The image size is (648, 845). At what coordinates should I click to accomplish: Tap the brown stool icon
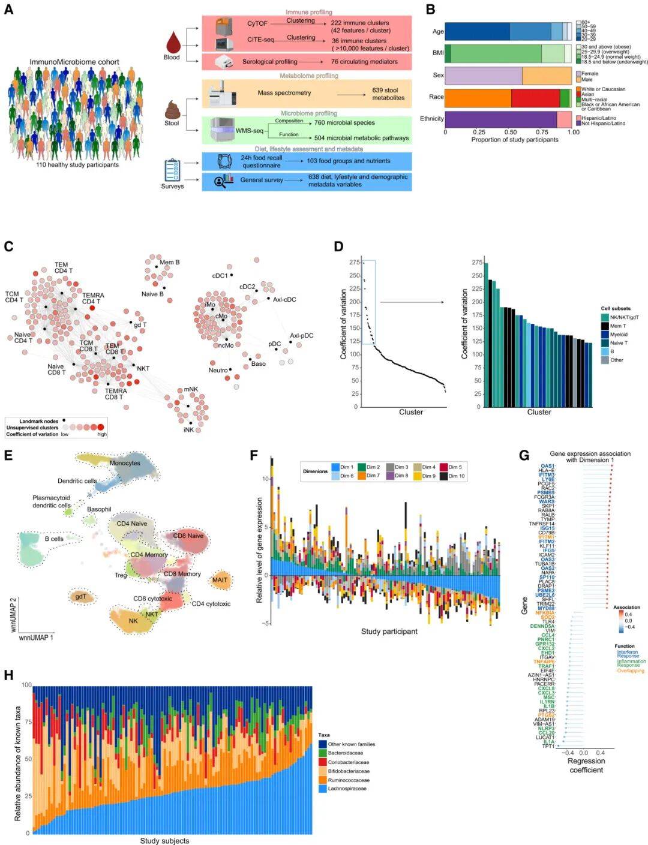(x=172, y=109)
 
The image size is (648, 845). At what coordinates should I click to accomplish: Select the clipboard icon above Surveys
(x=172, y=170)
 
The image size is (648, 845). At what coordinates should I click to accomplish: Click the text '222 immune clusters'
(x=360, y=23)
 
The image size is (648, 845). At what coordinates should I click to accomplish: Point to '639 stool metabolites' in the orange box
(x=388, y=94)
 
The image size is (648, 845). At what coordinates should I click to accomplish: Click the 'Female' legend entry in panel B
(x=590, y=74)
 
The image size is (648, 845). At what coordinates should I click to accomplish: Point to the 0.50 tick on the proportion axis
(x=510, y=132)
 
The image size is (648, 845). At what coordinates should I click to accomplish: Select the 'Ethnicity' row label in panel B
(x=431, y=119)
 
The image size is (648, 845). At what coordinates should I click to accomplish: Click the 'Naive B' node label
(x=152, y=294)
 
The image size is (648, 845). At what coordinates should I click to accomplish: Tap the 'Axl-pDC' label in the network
(x=302, y=336)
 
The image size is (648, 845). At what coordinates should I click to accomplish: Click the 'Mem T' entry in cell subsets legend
(x=618, y=326)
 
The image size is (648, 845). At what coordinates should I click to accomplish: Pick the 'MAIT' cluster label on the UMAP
(x=220, y=580)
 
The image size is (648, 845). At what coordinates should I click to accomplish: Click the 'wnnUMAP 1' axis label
(x=37, y=637)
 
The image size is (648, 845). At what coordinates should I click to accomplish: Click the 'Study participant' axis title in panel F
(x=389, y=631)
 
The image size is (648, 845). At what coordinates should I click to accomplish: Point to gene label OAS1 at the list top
(x=547, y=466)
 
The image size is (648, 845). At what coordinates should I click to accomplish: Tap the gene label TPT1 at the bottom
(x=548, y=746)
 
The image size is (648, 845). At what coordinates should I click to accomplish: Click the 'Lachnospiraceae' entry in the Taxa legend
(x=347, y=789)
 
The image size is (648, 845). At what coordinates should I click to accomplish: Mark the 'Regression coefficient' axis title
(x=586, y=765)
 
